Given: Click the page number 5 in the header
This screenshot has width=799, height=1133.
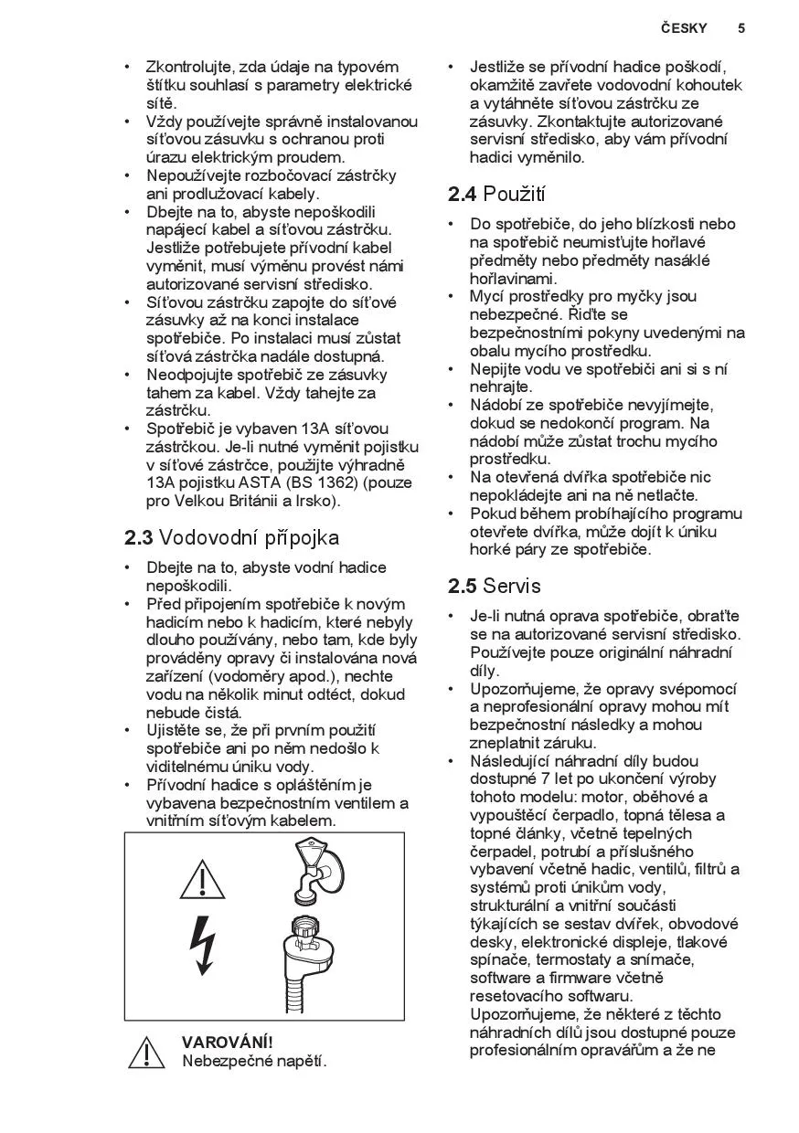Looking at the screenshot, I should pos(741,28).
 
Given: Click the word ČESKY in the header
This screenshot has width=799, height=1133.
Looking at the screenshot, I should pos(684,28).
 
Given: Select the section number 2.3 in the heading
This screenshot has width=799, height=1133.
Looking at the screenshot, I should pos(139,538).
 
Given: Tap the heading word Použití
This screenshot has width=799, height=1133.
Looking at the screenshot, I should pos(515,195).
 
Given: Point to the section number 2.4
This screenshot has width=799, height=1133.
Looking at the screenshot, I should pos(463,195).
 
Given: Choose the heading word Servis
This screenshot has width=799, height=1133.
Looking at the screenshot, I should pos(512,586).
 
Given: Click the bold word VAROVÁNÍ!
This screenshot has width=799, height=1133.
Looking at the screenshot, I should pos(228,1043).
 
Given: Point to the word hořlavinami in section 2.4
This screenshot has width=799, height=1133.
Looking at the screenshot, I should pos(513,279).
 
